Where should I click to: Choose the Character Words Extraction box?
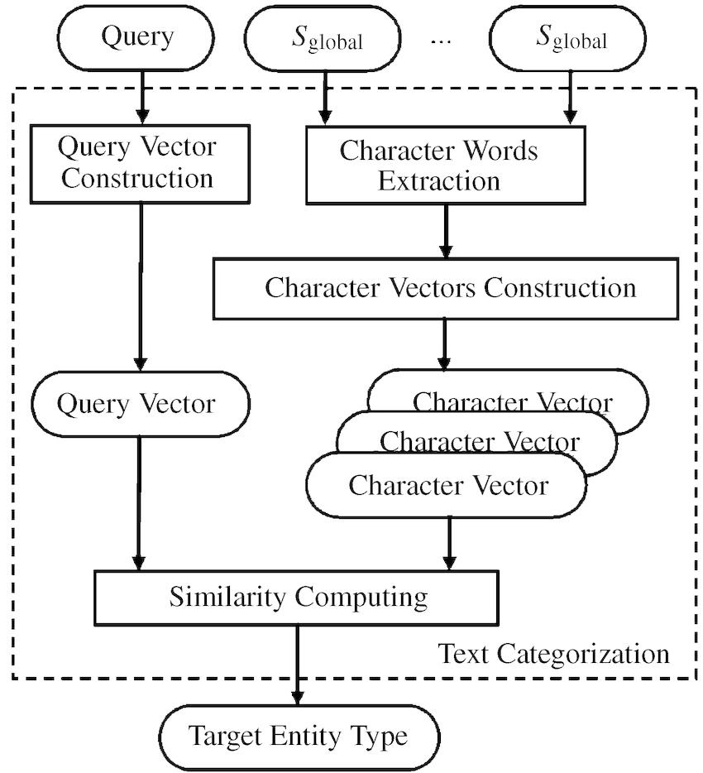(x=439, y=166)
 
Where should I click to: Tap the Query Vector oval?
(x=139, y=405)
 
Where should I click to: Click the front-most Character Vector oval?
(x=447, y=484)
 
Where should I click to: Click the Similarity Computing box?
(x=298, y=597)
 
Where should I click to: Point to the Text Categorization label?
(x=553, y=654)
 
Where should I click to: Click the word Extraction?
(x=439, y=180)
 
